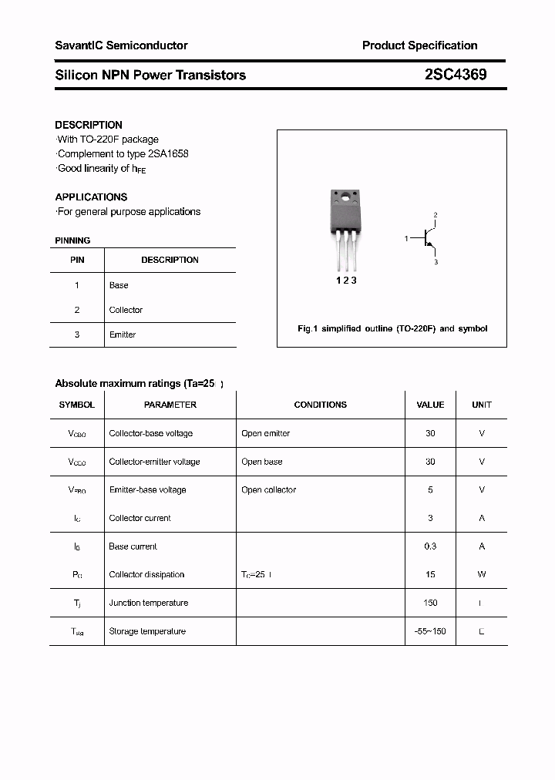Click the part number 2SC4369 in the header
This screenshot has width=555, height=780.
click(455, 75)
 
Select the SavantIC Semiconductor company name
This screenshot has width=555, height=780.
click(121, 45)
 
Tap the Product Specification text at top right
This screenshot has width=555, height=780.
click(419, 45)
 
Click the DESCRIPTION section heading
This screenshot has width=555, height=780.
click(89, 125)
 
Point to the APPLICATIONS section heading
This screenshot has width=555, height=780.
click(91, 197)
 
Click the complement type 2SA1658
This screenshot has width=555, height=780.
click(166, 153)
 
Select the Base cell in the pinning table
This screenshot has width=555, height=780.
click(119, 285)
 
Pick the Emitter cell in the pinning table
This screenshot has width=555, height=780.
click(123, 335)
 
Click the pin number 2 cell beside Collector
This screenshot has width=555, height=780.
click(77, 310)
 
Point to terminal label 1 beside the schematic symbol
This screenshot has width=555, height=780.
click(406, 239)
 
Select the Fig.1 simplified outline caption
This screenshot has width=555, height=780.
click(392, 328)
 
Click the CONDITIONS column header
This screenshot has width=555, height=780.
click(320, 405)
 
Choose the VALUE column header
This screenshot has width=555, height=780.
click(430, 405)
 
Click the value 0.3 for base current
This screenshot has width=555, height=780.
click(430, 546)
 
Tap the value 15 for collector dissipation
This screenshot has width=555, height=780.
click(430, 574)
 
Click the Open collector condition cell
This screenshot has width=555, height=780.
click(268, 489)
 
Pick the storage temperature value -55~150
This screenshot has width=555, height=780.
click(430, 631)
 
